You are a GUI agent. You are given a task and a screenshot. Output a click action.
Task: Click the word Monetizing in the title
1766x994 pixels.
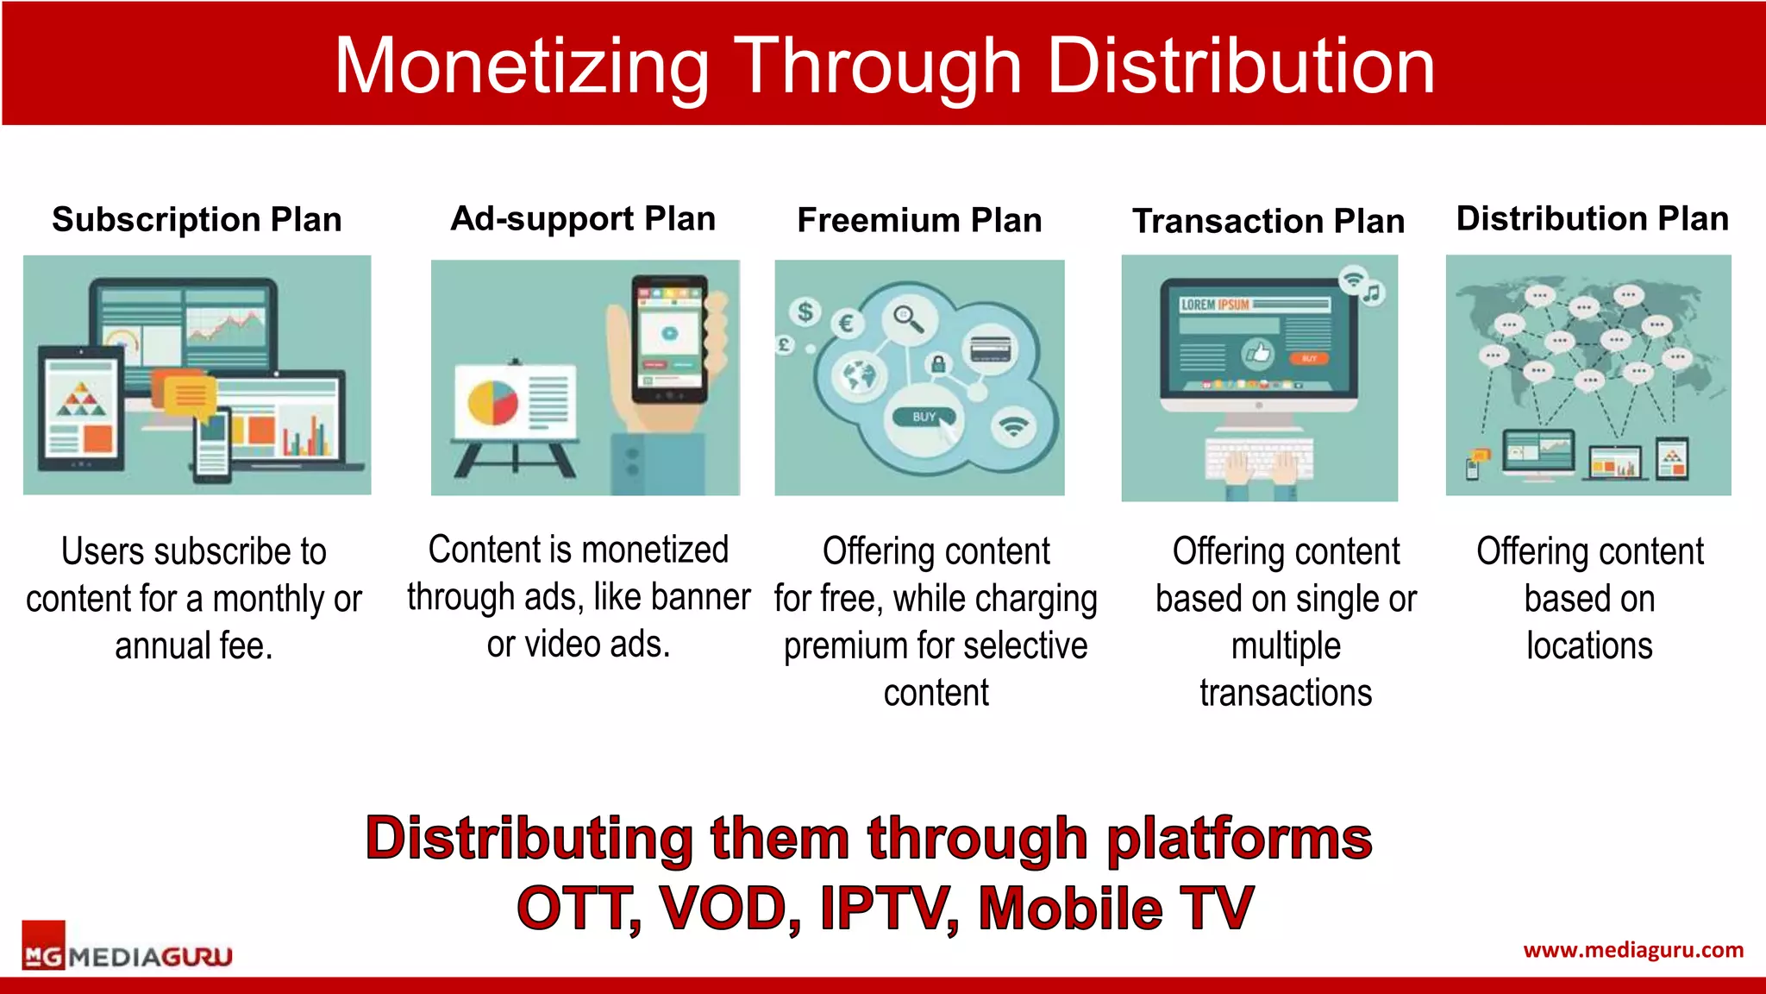click(521, 66)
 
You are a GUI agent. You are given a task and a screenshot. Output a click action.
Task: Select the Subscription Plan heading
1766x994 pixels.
click(197, 219)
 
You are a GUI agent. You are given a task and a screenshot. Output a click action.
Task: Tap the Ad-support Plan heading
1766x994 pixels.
click(583, 218)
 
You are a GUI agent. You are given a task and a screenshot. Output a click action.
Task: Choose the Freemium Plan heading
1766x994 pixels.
click(919, 220)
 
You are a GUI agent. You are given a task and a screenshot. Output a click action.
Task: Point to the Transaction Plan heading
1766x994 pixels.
click(1268, 221)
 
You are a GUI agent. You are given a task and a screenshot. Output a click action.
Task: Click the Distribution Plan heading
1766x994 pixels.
click(1592, 218)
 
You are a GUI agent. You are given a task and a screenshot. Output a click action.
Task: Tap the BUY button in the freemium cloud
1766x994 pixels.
click(924, 417)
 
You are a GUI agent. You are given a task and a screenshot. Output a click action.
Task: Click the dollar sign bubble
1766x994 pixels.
click(805, 311)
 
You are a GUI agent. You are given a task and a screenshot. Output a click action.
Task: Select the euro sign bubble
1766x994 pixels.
click(846, 324)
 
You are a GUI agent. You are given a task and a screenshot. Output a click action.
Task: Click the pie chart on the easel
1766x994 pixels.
click(492, 402)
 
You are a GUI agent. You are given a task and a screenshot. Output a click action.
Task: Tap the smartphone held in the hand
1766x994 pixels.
click(670, 338)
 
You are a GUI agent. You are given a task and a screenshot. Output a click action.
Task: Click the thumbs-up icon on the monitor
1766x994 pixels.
click(1258, 352)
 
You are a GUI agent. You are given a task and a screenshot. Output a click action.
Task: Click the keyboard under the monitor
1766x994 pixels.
click(1259, 458)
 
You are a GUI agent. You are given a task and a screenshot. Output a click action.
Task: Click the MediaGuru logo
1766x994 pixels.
click(127, 955)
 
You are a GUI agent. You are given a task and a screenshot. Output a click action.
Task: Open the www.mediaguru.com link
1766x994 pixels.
click(1632, 950)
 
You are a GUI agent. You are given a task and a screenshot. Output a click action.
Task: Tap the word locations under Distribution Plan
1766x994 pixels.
click(1588, 645)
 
